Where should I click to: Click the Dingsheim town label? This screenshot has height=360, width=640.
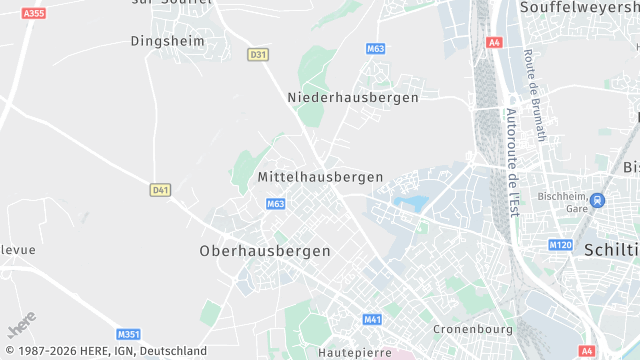point(168,41)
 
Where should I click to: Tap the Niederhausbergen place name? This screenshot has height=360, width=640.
point(353,97)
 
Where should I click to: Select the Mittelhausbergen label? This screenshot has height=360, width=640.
point(320,176)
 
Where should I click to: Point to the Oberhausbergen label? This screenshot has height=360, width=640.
point(265,250)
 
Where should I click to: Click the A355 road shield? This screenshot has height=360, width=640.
point(34,13)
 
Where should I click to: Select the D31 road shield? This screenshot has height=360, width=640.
point(259,55)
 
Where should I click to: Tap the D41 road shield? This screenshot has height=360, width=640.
point(160,189)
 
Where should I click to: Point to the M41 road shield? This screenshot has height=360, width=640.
point(373,320)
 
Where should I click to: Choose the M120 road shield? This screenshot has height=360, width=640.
point(560,245)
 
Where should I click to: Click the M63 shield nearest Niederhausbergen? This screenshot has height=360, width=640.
point(376,48)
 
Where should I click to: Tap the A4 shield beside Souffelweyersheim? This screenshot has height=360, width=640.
point(494,42)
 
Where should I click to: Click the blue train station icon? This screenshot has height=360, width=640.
point(597,200)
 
